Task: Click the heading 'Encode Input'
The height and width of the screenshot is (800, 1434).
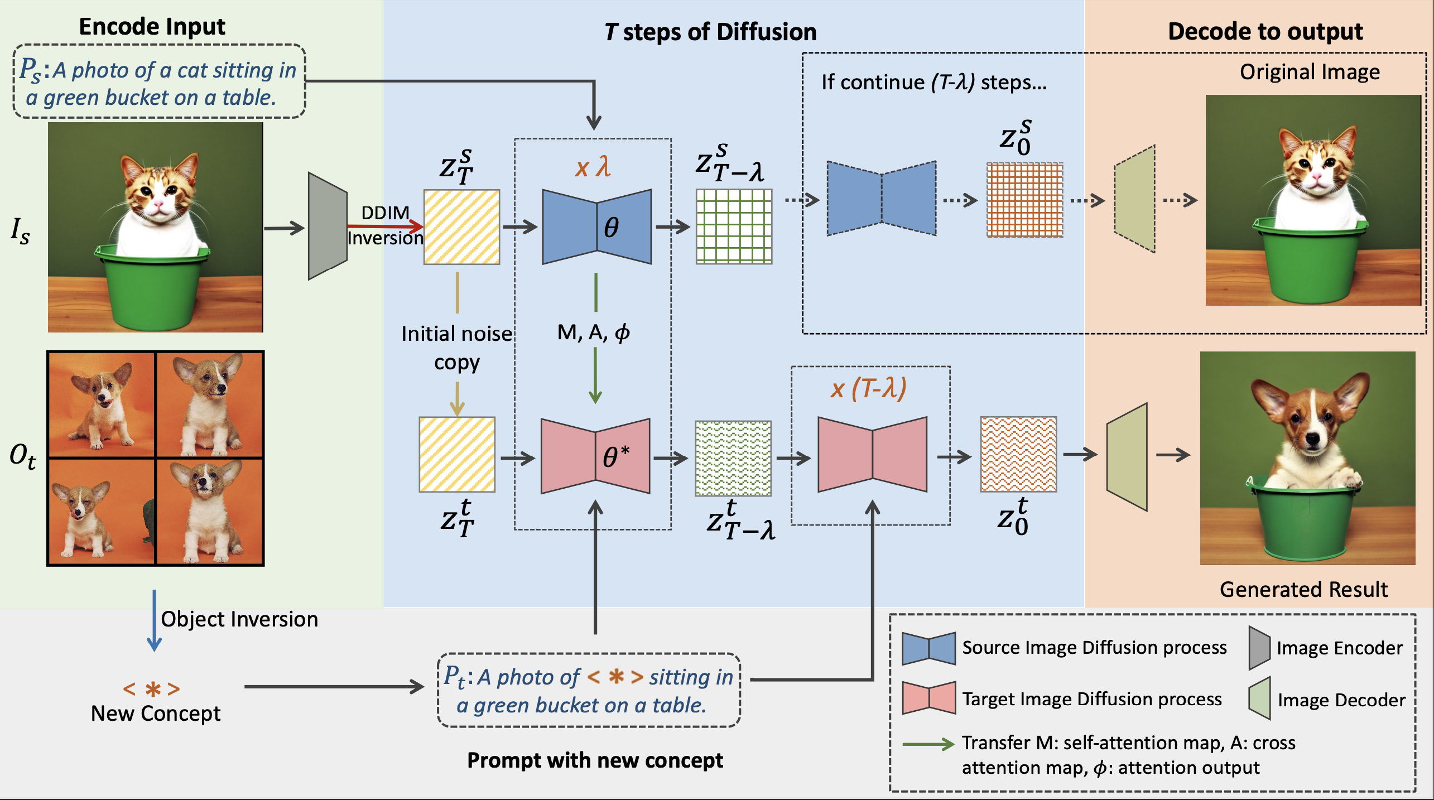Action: point(152,27)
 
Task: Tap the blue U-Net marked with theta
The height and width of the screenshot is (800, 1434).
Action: point(596,227)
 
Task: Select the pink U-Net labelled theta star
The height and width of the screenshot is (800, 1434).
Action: point(595,456)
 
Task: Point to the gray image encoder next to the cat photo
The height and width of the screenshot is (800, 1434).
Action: point(328,226)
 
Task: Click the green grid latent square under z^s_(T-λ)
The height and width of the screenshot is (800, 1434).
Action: point(734,226)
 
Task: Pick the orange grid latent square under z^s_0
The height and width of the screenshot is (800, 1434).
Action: point(1024,200)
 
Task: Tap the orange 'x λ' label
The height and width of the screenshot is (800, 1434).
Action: point(593,167)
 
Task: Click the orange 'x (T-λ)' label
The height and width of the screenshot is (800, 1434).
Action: point(868,388)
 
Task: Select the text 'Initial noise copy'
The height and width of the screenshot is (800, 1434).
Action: point(456,348)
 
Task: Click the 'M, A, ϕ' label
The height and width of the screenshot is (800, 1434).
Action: point(593,332)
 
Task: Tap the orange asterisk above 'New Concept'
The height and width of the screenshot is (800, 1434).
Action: point(152,690)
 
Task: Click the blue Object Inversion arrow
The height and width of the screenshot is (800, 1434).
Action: point(154,620)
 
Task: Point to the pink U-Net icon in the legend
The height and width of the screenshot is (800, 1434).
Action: point(928,698)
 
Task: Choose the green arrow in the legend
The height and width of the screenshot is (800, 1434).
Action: point(928,744)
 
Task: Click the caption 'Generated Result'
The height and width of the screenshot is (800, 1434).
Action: point(1303,590)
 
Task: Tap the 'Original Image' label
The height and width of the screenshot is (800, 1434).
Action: point(1310,72)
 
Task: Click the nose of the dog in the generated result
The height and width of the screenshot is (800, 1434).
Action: point(1312,438)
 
